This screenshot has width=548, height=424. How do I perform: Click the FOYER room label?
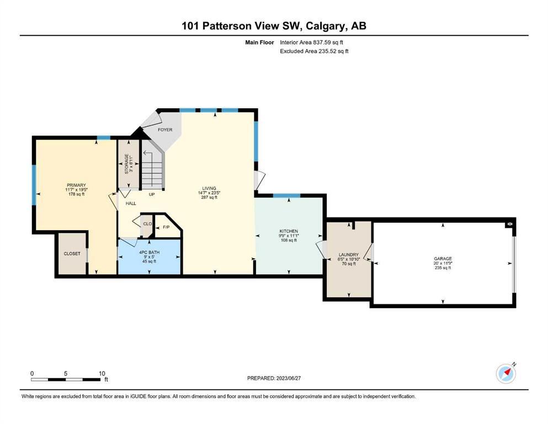coord(165,130)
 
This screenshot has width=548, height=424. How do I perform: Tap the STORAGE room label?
coord(127,164)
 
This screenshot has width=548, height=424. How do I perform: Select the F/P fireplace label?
coord(166,227)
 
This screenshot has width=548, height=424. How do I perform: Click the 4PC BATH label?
coord(149,252)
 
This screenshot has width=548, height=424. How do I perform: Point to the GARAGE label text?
coord(443,259)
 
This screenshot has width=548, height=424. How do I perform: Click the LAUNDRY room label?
coord(348,255)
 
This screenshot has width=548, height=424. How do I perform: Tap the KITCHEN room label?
coord(289,231)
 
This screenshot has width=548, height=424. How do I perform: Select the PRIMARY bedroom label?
coord(76,185)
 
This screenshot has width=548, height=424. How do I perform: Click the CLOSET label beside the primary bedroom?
coord(72,253)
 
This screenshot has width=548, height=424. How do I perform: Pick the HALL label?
coord(131,203)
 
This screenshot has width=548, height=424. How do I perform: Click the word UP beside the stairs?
coord(152,194)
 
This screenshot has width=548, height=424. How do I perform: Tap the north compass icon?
coord(506,374)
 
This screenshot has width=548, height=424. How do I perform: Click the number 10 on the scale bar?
coord(102,373)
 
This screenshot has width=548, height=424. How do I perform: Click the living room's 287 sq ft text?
coord(209,197)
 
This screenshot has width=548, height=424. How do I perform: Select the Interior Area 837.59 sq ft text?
coord(311,43)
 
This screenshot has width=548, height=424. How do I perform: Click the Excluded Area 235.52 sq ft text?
coord(314,51)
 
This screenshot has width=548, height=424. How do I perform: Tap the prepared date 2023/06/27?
coord(288,378)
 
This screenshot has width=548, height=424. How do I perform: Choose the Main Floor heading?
coord(259,43)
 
